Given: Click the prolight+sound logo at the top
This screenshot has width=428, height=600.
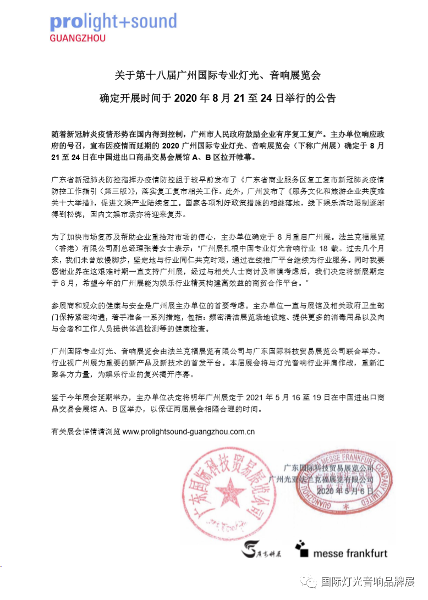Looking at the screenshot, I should coord(113,22).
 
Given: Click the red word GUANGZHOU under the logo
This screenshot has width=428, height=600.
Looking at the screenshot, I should coord(77,39).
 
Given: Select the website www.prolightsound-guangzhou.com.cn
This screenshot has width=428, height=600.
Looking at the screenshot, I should coord(188,432).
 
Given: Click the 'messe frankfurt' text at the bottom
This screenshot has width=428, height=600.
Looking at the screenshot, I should coord(350,553).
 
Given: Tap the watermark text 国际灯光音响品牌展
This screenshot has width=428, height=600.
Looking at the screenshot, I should coord(366,582).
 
